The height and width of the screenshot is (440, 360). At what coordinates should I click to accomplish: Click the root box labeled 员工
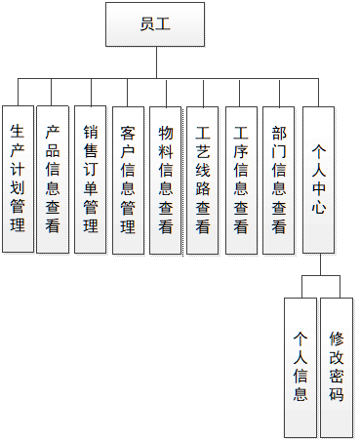click(155, 24)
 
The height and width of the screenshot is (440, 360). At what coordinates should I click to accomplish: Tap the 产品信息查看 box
click(54, 179)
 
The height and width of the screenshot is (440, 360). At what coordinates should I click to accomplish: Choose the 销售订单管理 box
click(91, 179)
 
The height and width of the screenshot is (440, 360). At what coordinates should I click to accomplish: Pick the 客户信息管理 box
click(128, 179)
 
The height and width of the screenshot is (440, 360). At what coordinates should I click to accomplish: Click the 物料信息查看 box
click(166, 179)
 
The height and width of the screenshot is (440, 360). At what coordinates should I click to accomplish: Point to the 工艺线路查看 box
click(203, 179)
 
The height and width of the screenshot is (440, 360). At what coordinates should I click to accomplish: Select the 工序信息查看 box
click(241, 179)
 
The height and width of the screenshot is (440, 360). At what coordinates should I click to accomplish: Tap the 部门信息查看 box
click(279, 179)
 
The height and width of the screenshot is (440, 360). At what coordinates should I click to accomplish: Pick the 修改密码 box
click(337, 366)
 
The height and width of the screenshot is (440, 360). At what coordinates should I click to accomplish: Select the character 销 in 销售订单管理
click(91, 132)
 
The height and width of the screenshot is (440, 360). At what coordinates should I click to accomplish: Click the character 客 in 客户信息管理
click(128, 132)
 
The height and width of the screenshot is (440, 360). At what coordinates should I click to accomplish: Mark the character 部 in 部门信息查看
click(279, 132)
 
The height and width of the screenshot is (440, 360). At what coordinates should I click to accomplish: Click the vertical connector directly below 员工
click(156, 60)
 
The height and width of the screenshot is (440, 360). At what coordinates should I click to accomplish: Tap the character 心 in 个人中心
click(319, 208)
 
